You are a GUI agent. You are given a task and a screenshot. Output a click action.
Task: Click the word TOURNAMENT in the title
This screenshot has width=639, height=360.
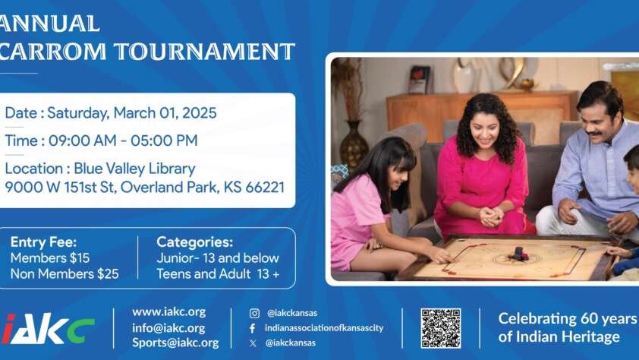[204, 52]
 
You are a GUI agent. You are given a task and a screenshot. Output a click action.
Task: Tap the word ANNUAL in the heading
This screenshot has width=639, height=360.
[49, 24]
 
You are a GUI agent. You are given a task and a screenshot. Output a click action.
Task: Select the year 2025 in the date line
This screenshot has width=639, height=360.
[200, 113]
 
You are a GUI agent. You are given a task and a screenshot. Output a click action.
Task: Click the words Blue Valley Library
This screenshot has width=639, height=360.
[134, 169]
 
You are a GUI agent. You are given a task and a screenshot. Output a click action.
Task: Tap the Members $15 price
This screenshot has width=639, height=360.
[50, 257]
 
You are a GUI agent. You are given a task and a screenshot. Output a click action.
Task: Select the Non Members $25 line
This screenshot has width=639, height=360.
[65, 273]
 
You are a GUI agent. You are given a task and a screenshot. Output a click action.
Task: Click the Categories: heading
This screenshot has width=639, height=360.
[195, 242]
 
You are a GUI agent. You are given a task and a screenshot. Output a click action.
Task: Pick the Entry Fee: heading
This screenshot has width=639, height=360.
[43, 242]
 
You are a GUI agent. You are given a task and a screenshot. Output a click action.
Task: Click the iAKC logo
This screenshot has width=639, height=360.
[48, 329]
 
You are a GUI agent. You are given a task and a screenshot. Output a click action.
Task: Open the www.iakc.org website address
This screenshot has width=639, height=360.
[168, 312]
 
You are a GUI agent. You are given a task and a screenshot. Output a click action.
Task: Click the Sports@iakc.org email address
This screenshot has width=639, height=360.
[175, 343]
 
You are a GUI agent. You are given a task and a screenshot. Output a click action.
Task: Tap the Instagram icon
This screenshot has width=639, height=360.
[254, 313]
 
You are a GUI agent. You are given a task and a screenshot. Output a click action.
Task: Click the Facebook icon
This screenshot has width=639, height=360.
[252, 328]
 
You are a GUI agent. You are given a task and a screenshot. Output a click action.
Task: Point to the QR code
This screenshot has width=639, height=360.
[441, 328]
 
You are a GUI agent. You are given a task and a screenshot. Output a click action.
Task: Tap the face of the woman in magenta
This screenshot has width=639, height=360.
[484, 131]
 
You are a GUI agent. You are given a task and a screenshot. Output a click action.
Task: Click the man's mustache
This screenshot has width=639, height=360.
[593, 133]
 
